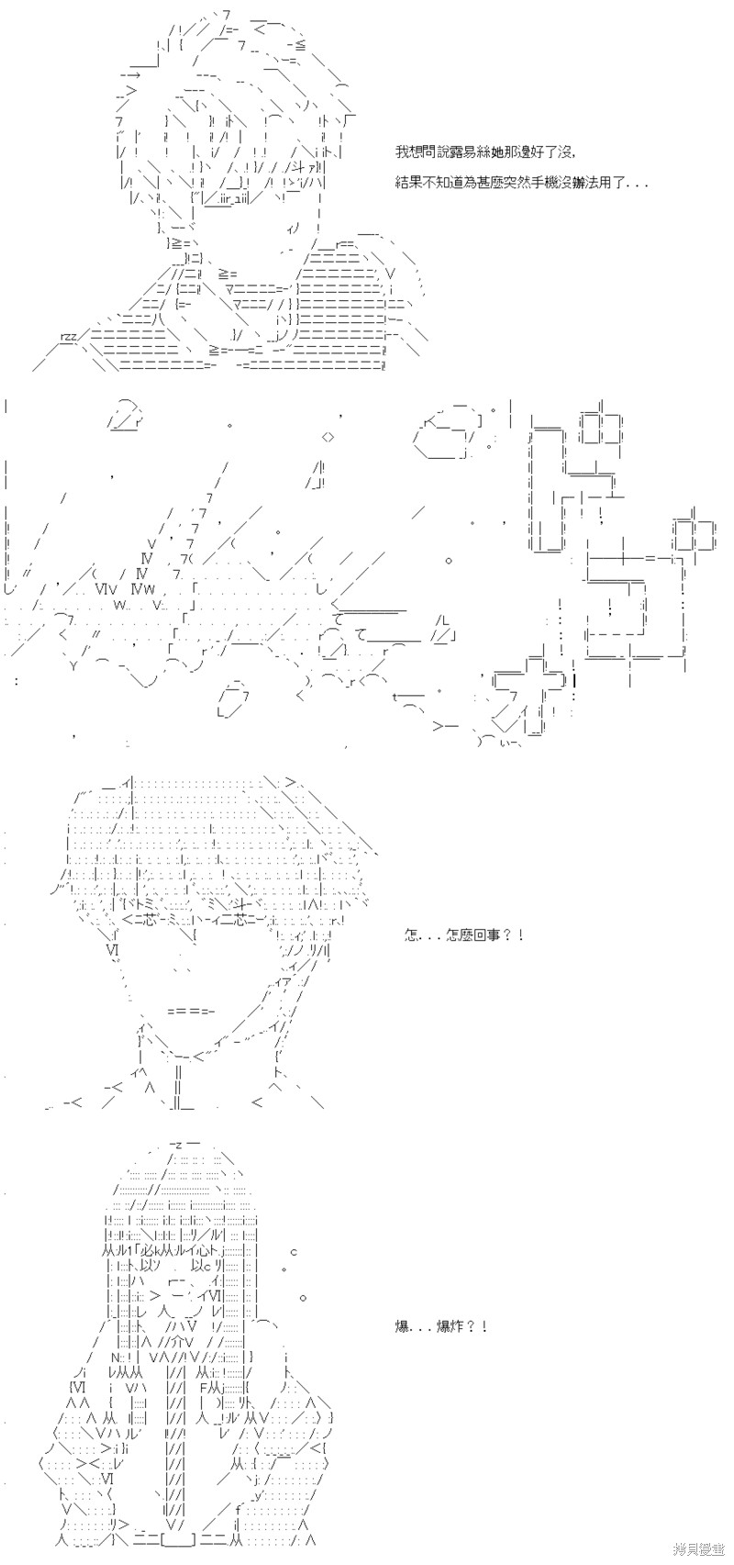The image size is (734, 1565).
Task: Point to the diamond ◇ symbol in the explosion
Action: pos(328,435)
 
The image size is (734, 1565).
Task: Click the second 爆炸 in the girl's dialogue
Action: pos(450,1326)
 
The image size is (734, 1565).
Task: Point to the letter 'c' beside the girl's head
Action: pos(294,1252)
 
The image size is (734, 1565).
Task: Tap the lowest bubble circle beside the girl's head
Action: pos(303,1298)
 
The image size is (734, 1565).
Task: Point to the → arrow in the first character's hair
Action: pos(129,74)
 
